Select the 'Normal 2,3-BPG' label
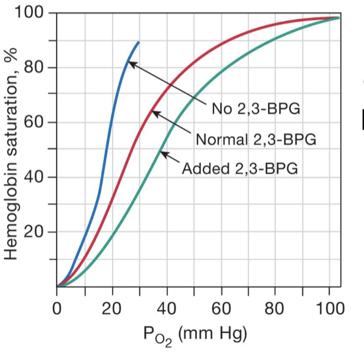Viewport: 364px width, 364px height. [256, 140]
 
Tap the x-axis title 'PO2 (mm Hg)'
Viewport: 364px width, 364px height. [195, 334]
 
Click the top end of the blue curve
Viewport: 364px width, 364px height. [139, 42]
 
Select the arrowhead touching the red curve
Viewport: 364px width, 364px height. [154, 112]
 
